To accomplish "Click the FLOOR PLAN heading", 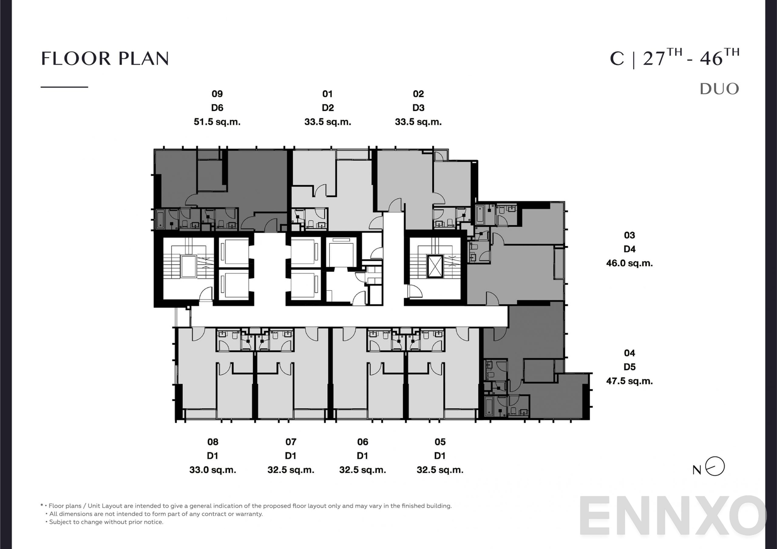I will click(105, 59).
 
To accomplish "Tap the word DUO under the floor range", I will click(719, 89).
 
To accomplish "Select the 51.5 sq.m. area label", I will click(217, 122).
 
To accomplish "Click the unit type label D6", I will click(217, 108).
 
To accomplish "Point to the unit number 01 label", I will click(327, 94).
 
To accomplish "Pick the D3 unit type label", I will click(418, 108).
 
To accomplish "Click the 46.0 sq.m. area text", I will click(629, 263).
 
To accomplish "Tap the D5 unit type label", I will click(629, 367).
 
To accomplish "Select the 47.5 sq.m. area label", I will click(629, 381).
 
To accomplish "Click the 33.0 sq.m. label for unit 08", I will click(213, 470).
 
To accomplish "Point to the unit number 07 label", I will click(290, 442).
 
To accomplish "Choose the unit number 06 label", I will click(362, 442).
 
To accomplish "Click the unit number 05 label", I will click(440, 442).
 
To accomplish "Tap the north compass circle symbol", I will click(715, 466).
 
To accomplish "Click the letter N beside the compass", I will click(697, 470).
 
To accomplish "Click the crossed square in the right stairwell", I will click(435, 266).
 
